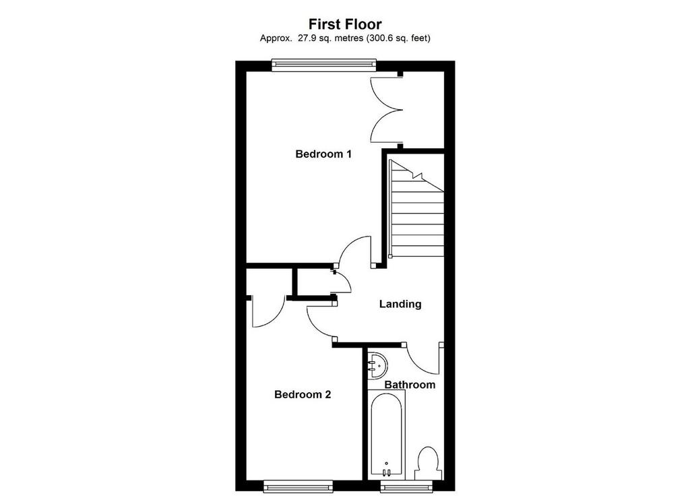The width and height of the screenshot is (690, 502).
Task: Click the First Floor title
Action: coord(345,24)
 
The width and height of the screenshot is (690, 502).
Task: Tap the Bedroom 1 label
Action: coord(323,154)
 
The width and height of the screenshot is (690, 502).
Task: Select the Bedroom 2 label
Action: coord(303,394)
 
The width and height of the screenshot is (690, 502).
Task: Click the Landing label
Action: coord(400,304)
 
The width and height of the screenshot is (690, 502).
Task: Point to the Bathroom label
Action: coord(410,385)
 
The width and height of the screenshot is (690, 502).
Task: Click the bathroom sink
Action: coord(377,365)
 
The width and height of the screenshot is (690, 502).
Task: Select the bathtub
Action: coord(386,435)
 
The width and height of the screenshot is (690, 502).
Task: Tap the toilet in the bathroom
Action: coord(428,464)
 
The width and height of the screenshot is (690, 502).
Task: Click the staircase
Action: coord(416,208)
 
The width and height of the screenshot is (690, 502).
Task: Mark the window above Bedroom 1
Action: coord(324,65)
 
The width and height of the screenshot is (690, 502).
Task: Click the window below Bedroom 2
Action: coord(299,486)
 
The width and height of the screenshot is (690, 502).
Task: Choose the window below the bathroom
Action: coord(406,486)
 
